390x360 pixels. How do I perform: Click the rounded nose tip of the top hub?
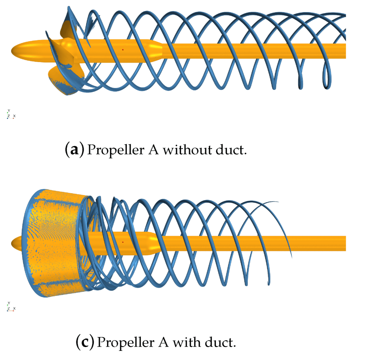[14, 50]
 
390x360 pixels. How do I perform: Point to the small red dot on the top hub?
[123, 50]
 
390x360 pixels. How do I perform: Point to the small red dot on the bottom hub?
[123, 242]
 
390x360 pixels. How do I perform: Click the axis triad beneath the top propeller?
[10, 114]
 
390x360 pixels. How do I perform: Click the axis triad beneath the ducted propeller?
[10, 307]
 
